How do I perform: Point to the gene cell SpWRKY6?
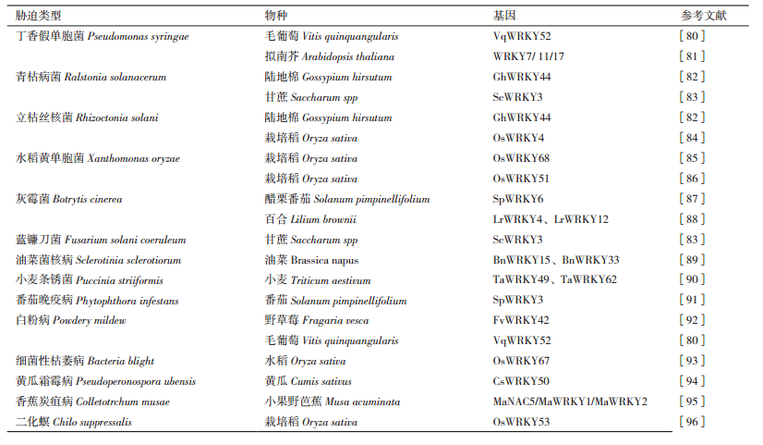(518, 199)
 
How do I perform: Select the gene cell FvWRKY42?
(520, 320)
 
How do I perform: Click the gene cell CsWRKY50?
(521, 381)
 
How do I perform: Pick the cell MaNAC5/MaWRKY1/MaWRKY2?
(570, 402)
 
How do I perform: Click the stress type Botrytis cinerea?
(69, 199)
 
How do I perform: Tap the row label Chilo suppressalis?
(74, 422)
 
